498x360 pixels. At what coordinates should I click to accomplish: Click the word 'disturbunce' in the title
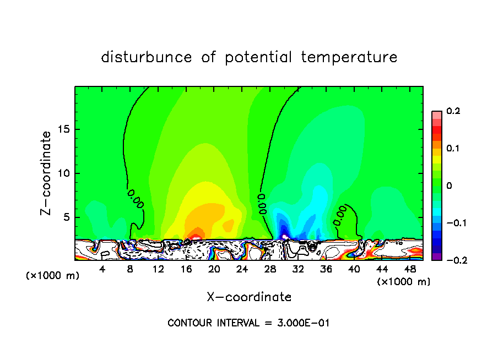click(147, 57)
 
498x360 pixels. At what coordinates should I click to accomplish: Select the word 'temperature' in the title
click(349, 57)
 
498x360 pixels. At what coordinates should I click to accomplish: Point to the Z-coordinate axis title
click(48, 173)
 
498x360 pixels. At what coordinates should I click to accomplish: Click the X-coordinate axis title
click(249, 297)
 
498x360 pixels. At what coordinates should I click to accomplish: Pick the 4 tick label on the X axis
click(102, 269)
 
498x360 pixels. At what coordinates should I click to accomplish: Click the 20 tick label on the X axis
click(214, 269)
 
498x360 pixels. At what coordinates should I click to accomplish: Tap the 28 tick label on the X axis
click(270, 269)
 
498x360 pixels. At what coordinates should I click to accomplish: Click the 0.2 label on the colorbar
click(453, 111)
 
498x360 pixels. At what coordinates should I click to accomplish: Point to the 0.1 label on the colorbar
click(453, 149)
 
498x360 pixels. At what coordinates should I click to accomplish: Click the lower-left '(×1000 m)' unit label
click(53, 276)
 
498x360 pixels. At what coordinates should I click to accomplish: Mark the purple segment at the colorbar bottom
click(436, 257)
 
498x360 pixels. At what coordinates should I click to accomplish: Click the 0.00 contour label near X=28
click(262, 203)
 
